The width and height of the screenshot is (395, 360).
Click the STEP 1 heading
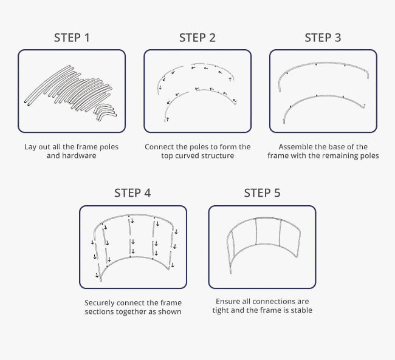[x=72, y=38]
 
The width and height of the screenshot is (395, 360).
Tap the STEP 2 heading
[x=197, y=38]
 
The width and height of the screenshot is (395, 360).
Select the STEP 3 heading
[x=323, y=38]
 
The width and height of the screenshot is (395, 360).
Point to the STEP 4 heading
[x=132, y=193]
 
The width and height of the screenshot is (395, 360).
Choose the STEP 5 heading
[x=263, y=193]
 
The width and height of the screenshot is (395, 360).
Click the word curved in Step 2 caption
[x=186, y=155]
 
